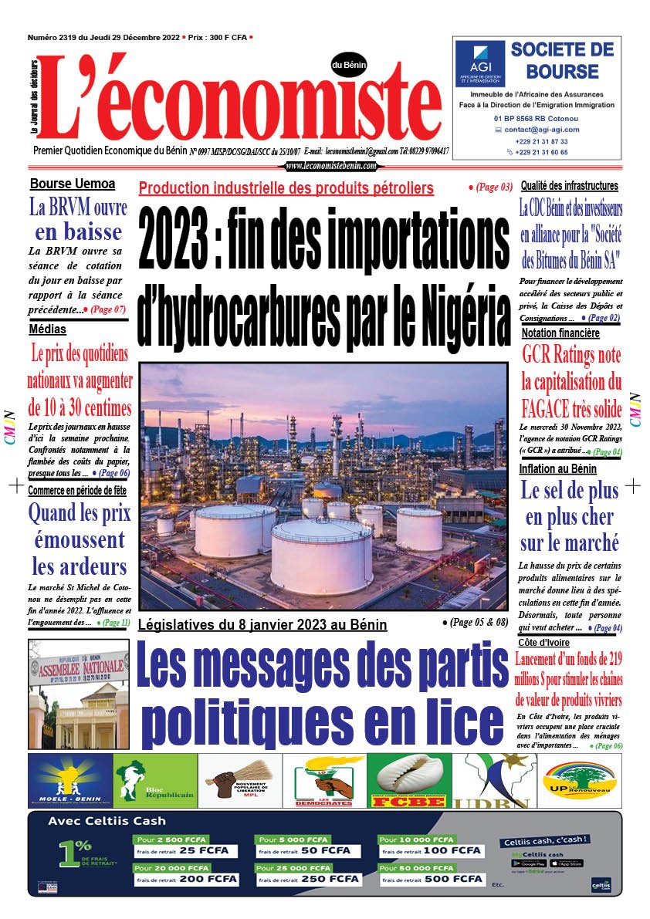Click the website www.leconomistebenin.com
(331, 166)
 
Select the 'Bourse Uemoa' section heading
(73, 184)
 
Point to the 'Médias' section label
(47, 330)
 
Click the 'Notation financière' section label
(560, 333)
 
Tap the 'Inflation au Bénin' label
(558, 468)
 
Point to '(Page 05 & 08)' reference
(476, 621)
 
